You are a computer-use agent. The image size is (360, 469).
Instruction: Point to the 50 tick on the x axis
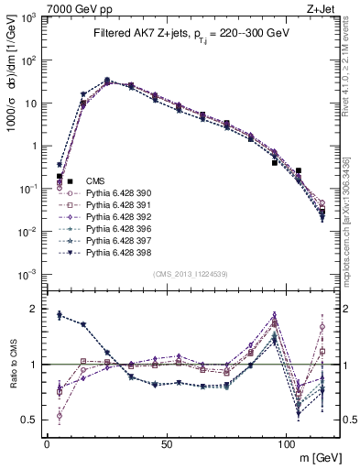pyautogui.click(x=167, y=443)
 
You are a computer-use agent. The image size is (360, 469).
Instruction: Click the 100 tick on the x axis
pyautogui.click(x=286, y=443)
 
